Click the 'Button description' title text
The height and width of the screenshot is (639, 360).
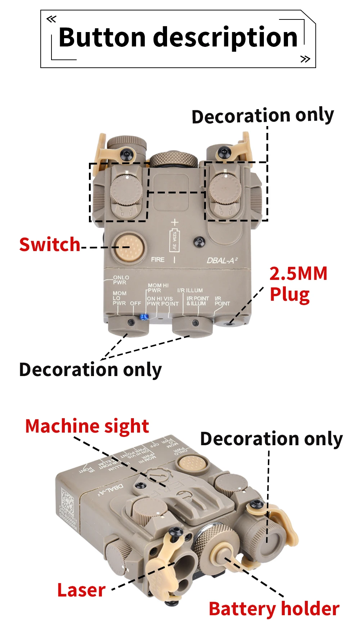point(178,37)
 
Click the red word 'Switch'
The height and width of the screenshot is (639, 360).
point(50,245)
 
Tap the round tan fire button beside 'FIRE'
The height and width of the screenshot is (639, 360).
point(128,247)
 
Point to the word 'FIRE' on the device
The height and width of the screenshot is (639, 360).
point(158,259)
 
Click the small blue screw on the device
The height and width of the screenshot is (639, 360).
point(144,317)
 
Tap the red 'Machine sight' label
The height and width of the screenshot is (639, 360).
point(87,426)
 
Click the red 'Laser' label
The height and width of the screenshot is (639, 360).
point(81,590)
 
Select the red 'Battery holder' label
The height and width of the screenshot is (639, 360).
point(274,609)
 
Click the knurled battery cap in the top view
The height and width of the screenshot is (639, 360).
point(174,159)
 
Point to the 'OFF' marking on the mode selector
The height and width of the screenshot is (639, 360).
point(135,303)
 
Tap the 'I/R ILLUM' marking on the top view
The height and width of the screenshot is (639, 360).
point(190,290)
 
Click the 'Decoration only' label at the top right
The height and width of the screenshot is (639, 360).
point(263,116)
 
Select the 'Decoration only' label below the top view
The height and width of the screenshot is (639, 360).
point(90,370)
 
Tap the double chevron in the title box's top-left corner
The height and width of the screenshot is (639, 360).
point(51,19)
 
